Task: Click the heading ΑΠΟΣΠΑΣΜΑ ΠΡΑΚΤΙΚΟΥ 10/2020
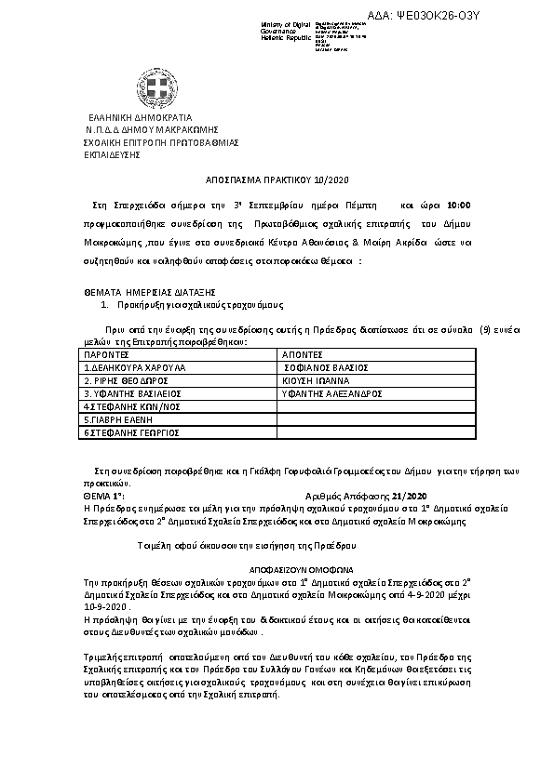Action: click(276, 179)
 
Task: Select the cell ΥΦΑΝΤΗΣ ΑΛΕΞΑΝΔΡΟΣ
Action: click(333, 393)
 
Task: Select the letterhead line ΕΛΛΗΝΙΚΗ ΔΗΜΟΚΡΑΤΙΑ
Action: click(141, 118)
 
